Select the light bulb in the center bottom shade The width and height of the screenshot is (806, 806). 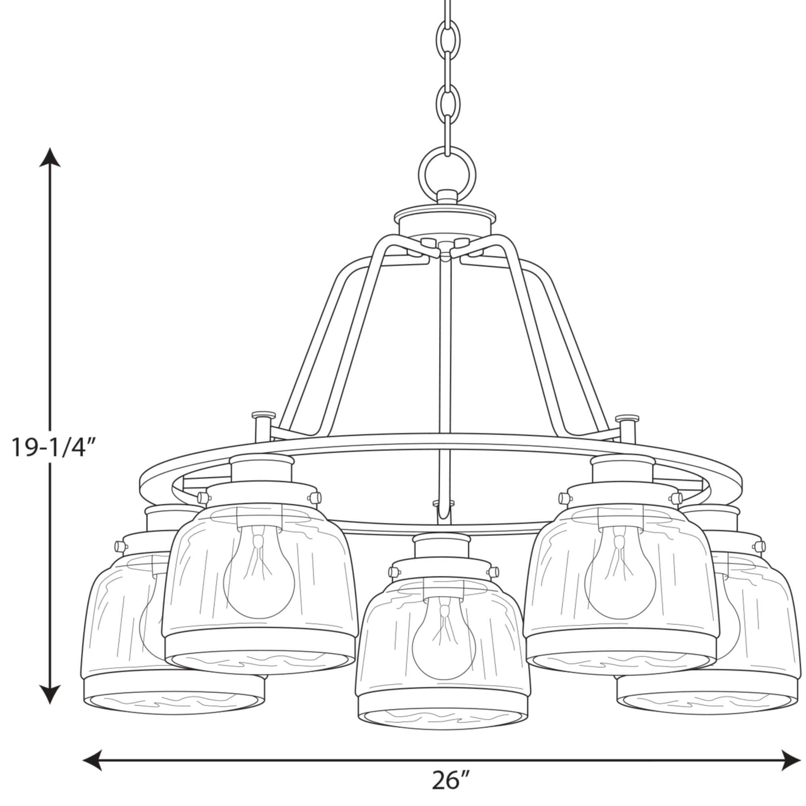tap(444, 635)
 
